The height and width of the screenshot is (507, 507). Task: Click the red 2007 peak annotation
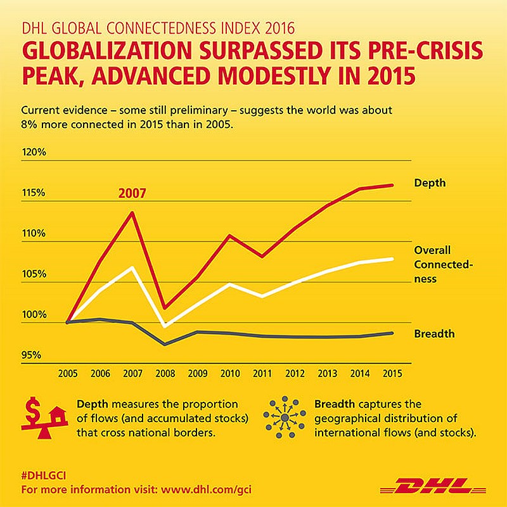click(132, 193)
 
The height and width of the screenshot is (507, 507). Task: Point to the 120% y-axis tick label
click(34, 152)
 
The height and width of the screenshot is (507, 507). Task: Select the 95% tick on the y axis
click(31, 355)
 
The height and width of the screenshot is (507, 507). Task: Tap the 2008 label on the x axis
click(165, 373)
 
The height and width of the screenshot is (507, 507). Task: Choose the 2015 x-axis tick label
click(392, 373)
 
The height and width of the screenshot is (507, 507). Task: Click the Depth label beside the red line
click(430, 183)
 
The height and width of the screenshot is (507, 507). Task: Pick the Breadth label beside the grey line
click(434, 333)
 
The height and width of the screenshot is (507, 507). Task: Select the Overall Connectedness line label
click(443, 264)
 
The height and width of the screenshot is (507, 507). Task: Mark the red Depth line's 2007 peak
click(132, 212)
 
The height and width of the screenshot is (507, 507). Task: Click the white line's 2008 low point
click(165, 326)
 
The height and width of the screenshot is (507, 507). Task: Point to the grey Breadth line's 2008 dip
click(165, 344)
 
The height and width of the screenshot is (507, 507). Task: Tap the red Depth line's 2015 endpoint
click(392, 185)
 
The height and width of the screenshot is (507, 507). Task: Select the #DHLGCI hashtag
click(44, 475)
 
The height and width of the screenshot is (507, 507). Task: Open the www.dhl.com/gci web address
click(206, 489)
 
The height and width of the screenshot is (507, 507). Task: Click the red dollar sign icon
click(34, 409)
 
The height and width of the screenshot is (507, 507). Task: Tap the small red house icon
click(57, 416)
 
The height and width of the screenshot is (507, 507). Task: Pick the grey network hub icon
click(285, 418)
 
